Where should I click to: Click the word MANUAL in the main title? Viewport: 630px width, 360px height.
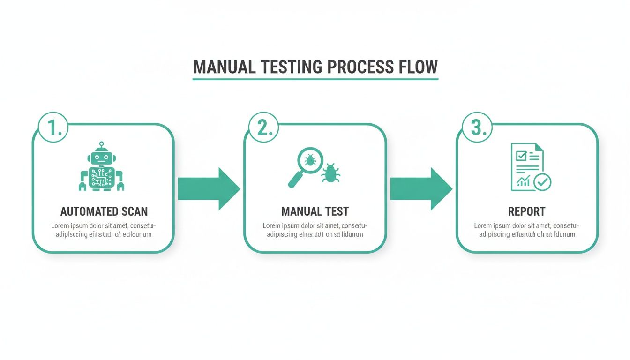point(225,67)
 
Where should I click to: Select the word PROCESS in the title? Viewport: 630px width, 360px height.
point(360,67)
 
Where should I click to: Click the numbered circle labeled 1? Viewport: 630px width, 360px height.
point(53,127)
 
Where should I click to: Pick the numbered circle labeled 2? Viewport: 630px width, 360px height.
point(264,127)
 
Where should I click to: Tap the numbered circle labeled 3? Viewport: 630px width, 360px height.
point(477,127)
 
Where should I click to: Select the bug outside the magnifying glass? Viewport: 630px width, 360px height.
point(330,173)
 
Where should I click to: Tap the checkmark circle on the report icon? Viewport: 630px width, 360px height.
point(543,182)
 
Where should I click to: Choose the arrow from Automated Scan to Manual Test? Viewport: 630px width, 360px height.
point(209,189)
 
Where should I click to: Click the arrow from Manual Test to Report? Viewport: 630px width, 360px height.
point(421,189)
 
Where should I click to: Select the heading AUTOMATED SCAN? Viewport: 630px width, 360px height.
point(104,211)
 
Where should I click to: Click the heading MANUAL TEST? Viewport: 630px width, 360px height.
point(315,211)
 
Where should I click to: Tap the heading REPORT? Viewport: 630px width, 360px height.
point(527,211)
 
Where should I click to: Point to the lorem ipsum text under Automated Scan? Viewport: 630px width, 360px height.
point(104,230)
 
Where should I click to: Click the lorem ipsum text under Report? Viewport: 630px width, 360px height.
point(527,230)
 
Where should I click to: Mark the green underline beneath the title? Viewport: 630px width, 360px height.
point(315,79)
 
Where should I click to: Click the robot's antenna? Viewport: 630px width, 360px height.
point(101,144)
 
